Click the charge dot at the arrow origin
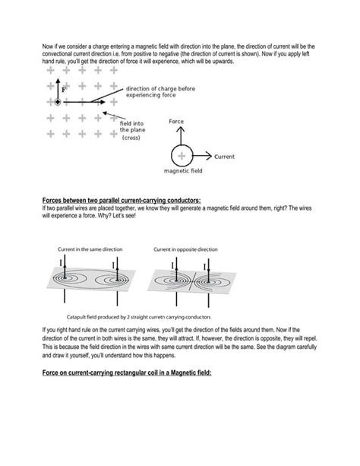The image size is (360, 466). tap(55, 102)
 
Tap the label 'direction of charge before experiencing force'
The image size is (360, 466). tap(160, 93)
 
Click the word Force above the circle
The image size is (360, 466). tap(178, 122)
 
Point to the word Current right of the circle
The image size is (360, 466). tap(224, 157)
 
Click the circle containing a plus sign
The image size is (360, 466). tap(182, 157)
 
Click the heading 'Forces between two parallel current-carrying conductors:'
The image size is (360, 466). tap(121, 201)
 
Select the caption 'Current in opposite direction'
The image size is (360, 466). tap(186, 249)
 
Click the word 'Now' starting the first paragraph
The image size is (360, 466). tap(47, 46)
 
